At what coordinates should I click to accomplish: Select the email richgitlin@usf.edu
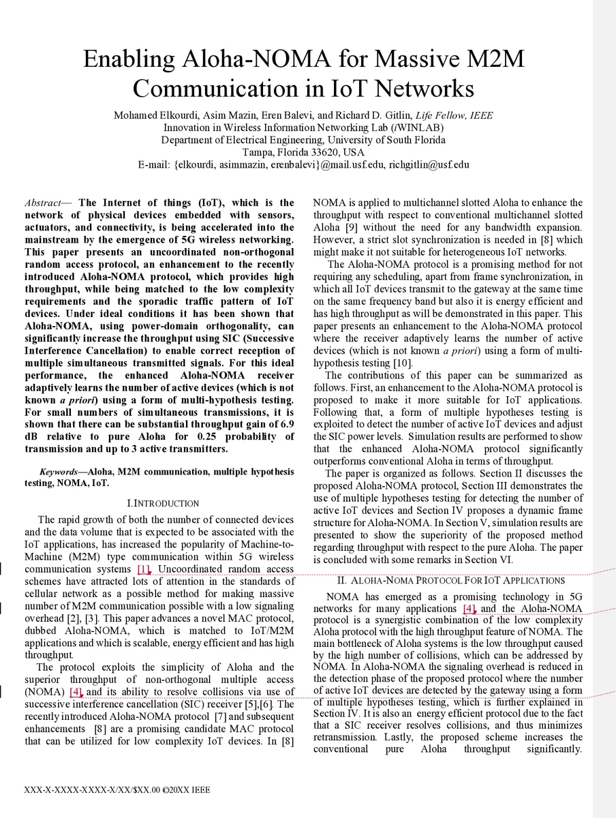coord(429,164)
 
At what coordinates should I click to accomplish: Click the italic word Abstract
coord(43,202)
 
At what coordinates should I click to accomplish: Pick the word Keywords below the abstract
coord(58,472)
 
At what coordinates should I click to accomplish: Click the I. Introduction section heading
coord(163,503)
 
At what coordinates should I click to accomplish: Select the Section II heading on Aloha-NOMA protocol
coord(450,581)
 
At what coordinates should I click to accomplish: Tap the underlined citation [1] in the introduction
coord(143,569)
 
